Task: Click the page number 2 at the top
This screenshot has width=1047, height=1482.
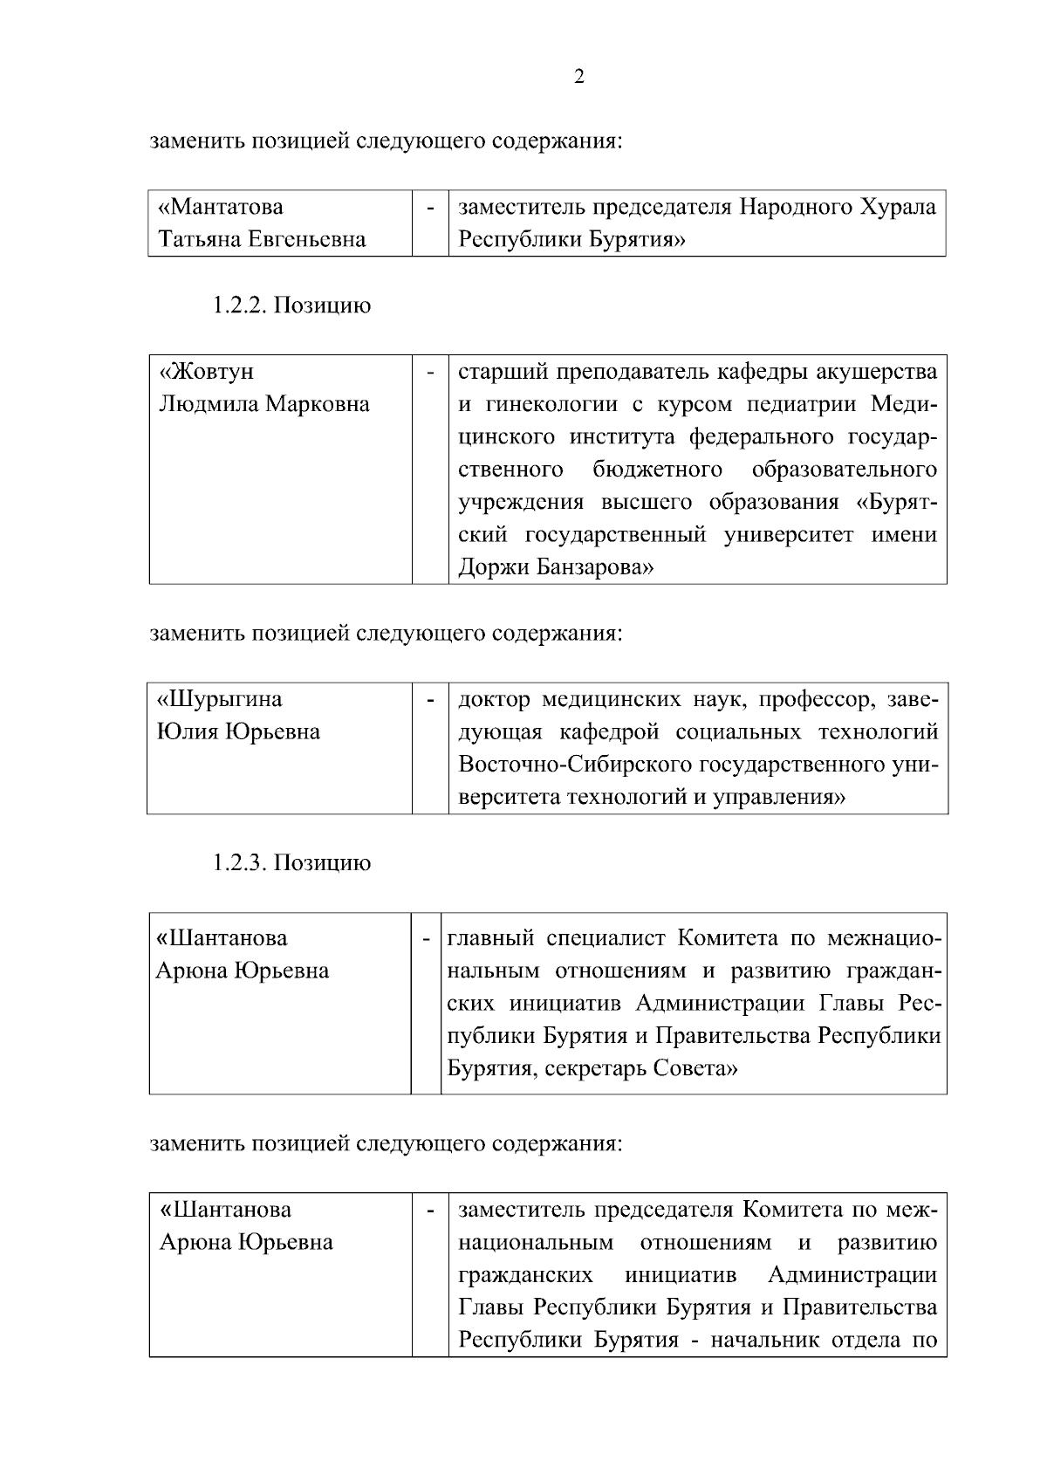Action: point(579,77)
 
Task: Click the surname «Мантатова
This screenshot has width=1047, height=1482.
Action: point(221,207)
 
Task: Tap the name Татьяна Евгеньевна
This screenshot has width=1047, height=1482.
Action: point(262,239)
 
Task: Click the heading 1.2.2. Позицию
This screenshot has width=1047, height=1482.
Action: point(291,305)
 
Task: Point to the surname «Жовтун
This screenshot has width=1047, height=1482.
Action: point(207,371)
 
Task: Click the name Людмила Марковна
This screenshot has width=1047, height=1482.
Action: point(263,404)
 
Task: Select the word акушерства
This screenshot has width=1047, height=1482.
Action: point(877,372)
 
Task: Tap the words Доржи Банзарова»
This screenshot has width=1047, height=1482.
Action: point(556,568)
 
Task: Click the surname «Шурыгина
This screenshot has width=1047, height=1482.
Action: point(220,699)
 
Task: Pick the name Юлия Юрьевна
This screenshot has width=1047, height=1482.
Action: point(238,731)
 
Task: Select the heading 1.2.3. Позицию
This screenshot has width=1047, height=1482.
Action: point(291,863)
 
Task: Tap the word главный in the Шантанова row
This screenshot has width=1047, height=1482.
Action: point(490,938)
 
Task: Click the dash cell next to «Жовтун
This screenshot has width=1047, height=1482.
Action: point(430,373)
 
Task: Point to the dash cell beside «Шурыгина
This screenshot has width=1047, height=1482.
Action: point(430,700)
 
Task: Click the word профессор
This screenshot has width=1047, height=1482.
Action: point(816,699)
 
